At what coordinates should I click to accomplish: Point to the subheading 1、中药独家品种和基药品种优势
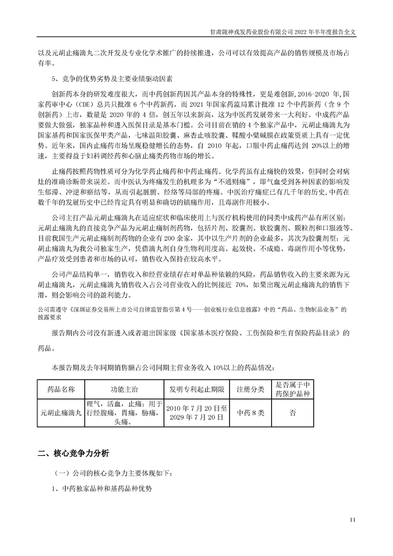(102, 489)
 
